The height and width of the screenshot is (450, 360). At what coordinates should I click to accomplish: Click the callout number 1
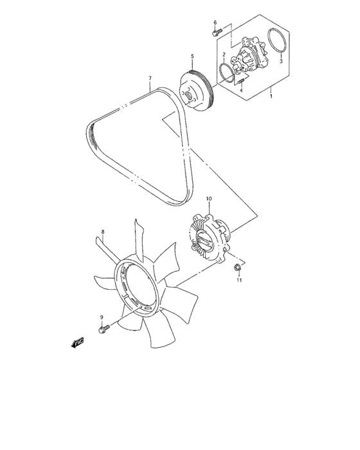271,96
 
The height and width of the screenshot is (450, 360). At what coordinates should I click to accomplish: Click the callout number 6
215,22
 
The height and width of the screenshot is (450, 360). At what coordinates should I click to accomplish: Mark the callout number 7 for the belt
150,79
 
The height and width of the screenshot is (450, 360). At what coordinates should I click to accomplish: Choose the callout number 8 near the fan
102,230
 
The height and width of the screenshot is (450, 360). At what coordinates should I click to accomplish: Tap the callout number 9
102,318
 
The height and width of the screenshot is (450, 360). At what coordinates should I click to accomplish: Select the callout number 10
209,199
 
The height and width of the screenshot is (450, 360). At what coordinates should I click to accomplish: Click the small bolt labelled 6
217,31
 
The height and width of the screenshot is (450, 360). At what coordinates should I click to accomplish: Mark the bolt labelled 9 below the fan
103,329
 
